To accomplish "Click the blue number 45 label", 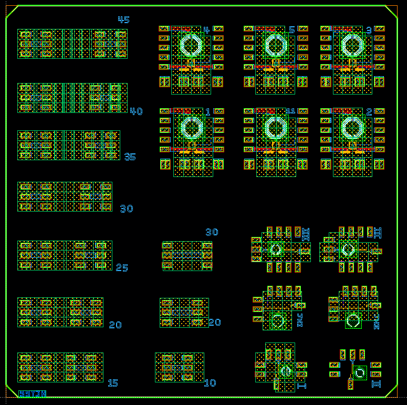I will (x=123, y=20).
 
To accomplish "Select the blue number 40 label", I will (x=136, y=111).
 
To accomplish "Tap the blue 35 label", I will (x=130, y=157).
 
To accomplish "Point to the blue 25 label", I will (x=122, y=268).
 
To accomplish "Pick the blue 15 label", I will (x=112, y=383).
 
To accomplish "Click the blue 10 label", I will (x=210, y=383).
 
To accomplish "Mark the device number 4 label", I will (x=206, y=30).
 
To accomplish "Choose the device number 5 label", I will (x=291, y=30).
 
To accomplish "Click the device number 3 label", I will (x=369, y=30).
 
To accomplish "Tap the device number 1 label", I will (x=208, y=112).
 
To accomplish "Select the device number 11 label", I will (x=290, y=111).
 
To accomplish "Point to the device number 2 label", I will (x=369, y=112).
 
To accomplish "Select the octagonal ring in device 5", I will (x=274, y=46).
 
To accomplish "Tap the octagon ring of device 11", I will (x=274, y=128).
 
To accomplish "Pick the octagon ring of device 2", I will (x=352, y=128).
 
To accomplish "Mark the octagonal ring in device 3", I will (x=352, y=46).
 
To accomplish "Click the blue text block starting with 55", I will (x=33, y=393).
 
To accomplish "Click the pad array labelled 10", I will (x=180, y=367).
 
